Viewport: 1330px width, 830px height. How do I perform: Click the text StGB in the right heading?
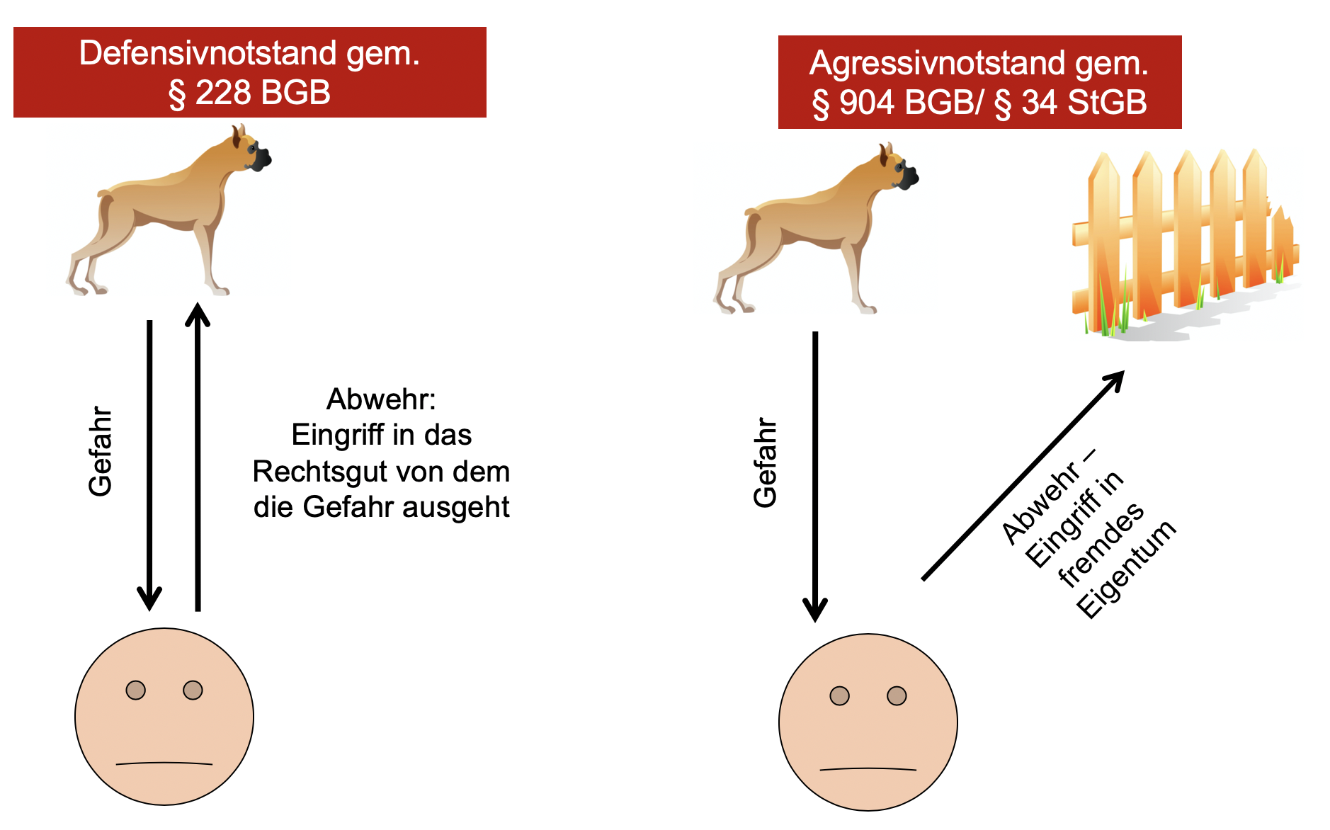(x=1107, y=103)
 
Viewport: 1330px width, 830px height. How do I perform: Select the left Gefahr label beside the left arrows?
(x=100, y=451)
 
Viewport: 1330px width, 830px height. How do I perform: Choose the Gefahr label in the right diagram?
(x=765, y=462)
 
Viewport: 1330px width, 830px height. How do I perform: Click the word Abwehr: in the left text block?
(x=381, y=399)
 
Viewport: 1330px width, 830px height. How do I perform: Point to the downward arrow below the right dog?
(x=815, y=474)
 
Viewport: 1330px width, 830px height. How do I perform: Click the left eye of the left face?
(x=135, y=690)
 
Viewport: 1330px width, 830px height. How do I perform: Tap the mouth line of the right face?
(x=868, y=769)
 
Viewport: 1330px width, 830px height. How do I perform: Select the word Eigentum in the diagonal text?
(x=1126, y=569)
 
